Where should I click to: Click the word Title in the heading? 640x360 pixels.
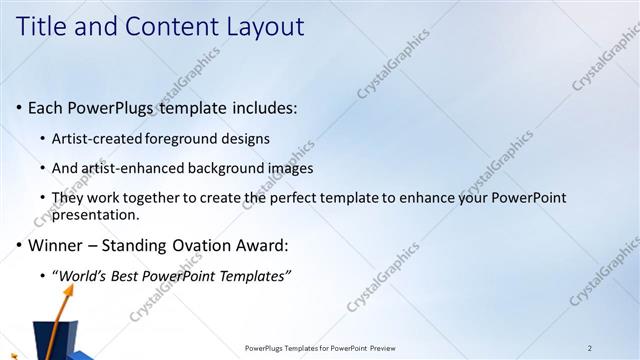(x=40, y=27)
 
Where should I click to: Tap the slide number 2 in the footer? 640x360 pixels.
(x=590, y=348)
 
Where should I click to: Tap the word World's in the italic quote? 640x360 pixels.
(x=82, y=275)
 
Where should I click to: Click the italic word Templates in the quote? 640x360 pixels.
(x=254, y=275)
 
